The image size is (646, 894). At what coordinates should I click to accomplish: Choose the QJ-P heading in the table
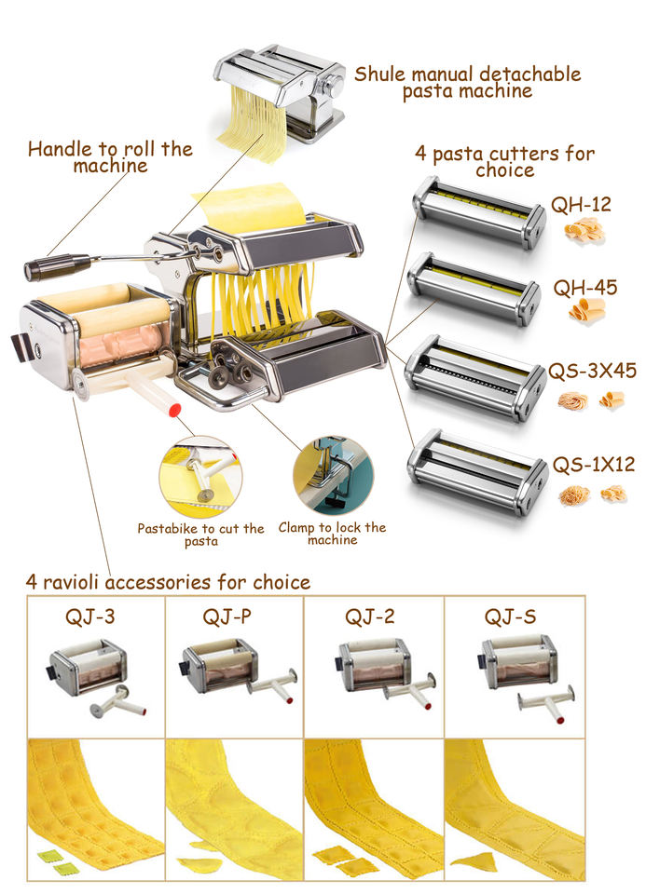click(228, 616)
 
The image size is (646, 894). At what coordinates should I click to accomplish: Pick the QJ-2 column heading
click(370, 616)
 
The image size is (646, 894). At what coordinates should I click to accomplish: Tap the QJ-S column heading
click(510, 616)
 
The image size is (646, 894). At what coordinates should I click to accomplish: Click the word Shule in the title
click(381, 74)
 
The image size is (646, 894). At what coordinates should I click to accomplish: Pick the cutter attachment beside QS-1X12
click(474, 470)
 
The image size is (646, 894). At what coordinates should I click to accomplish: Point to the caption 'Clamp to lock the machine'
click(332, 534)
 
